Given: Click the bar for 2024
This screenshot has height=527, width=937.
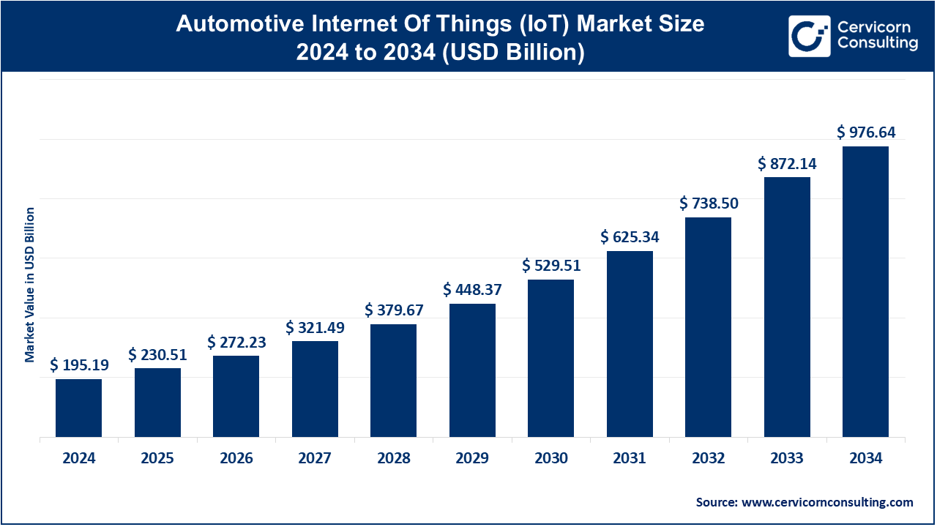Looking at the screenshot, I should point(79,408).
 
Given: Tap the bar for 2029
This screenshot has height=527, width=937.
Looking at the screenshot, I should point(472,370).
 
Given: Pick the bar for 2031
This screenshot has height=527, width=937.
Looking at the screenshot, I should point(630,344).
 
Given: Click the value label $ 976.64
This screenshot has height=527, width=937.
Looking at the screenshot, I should point(866,132).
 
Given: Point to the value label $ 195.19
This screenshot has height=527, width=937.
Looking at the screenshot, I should point(79,365).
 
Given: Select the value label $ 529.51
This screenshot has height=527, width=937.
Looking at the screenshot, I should point(551,266).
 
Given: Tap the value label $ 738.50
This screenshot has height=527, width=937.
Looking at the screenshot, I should point(709,203).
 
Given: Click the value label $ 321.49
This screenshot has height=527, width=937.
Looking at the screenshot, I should point(315,327).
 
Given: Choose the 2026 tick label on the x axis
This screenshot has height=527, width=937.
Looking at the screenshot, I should point(236,459).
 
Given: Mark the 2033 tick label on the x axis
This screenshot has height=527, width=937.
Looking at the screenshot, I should point(787,459).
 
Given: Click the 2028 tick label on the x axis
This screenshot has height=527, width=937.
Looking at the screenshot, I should point(394,459).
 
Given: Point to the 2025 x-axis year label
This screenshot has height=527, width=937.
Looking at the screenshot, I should point(157,459).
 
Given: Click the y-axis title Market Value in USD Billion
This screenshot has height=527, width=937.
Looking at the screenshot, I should point(30,285).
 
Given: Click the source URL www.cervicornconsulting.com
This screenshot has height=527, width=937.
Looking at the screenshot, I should point(827,502).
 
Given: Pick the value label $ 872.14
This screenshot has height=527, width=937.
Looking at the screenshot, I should point(787,164).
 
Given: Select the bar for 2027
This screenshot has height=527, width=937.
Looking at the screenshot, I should point(315,389).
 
